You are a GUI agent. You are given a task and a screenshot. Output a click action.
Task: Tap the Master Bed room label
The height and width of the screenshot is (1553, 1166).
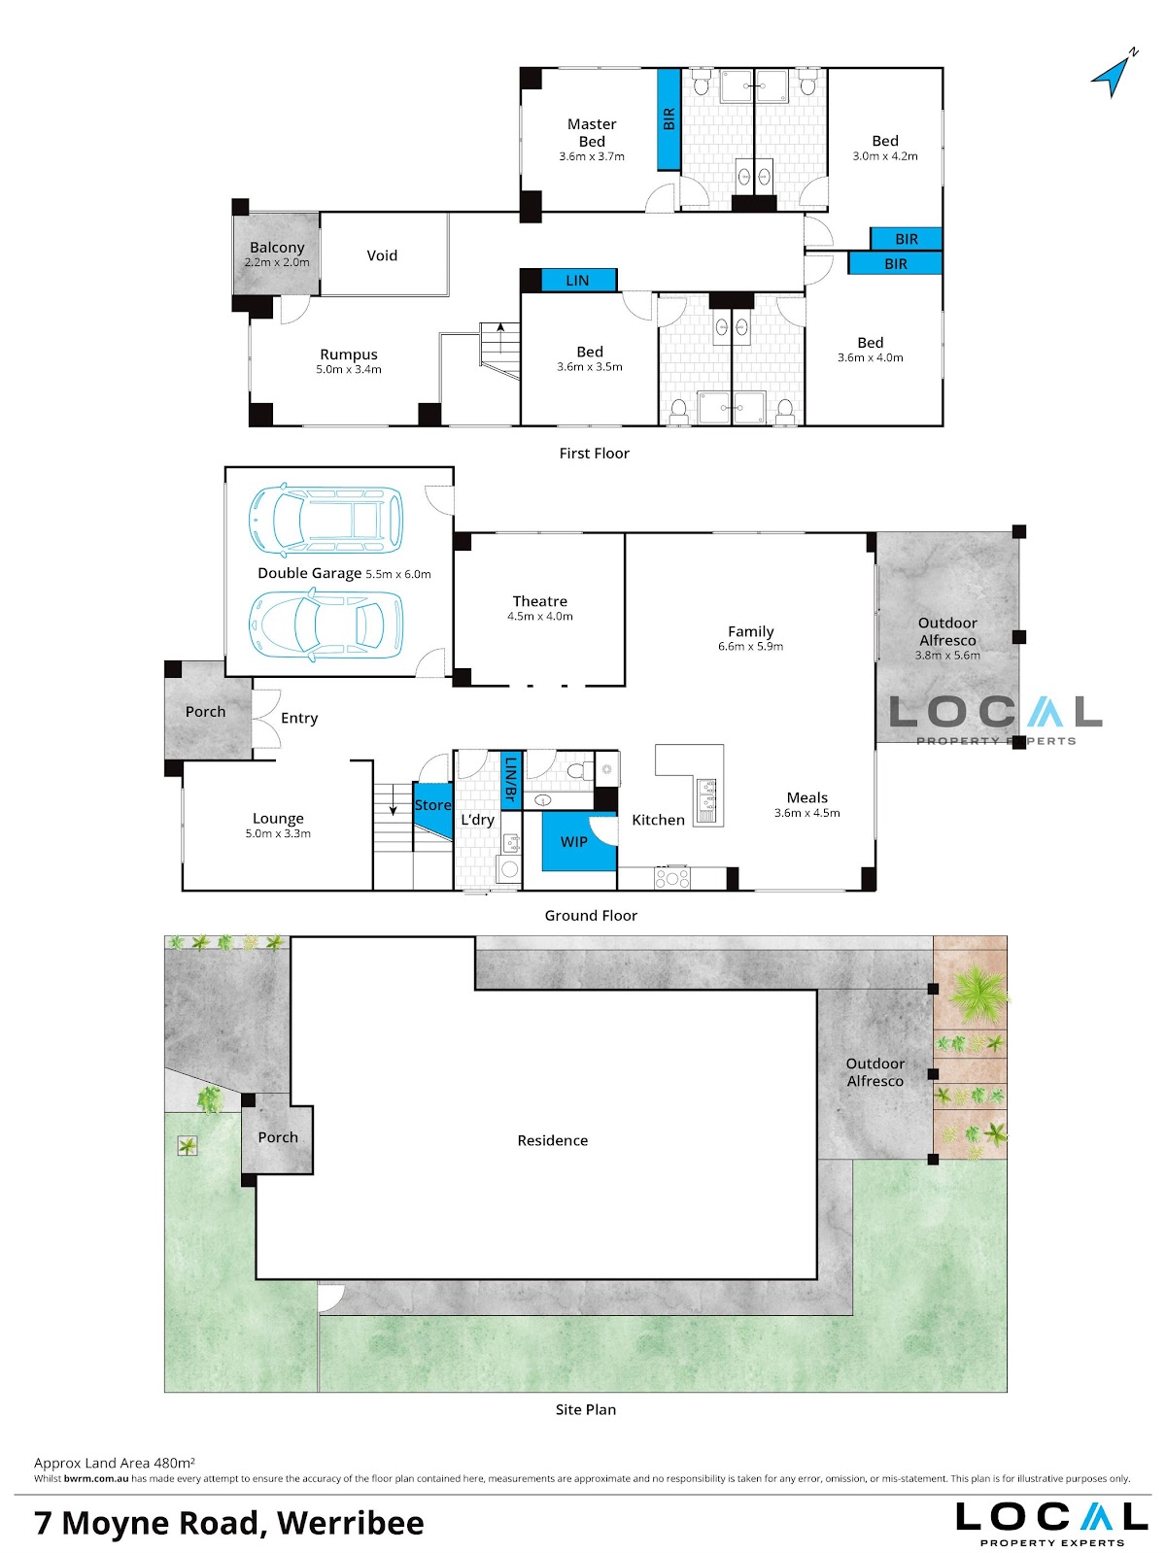[592, 132]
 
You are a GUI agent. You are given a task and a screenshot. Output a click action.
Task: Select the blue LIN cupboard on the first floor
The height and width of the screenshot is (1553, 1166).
[579, 280]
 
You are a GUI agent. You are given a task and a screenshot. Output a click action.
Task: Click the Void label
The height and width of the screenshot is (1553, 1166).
[381, 255]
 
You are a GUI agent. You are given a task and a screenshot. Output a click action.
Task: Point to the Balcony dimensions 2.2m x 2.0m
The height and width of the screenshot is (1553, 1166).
[277, 262]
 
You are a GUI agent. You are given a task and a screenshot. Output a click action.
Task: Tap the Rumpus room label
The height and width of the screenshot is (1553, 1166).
[348, 354]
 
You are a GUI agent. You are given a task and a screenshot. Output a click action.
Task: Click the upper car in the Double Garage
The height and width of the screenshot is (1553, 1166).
[326, 520]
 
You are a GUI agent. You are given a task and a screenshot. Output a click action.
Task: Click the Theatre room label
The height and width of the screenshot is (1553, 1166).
[540, 600]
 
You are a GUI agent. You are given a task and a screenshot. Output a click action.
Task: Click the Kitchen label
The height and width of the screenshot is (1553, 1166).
[658, 820]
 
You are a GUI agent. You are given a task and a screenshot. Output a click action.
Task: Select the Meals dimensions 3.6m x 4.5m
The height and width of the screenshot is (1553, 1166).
[806, 813]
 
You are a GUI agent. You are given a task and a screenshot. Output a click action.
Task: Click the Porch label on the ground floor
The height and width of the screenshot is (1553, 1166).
[205, 712]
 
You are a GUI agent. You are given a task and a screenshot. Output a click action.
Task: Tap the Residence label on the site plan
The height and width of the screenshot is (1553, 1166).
[552, 1140]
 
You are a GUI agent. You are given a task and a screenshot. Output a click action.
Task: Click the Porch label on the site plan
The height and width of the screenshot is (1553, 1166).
[277, 1137]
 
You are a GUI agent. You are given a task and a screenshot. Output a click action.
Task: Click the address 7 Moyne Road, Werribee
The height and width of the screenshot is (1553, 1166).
[228, 1523]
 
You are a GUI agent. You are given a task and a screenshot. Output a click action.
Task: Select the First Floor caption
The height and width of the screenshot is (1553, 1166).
[594, 454]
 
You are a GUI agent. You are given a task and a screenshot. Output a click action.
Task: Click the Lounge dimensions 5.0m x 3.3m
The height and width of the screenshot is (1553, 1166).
[277, 833]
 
